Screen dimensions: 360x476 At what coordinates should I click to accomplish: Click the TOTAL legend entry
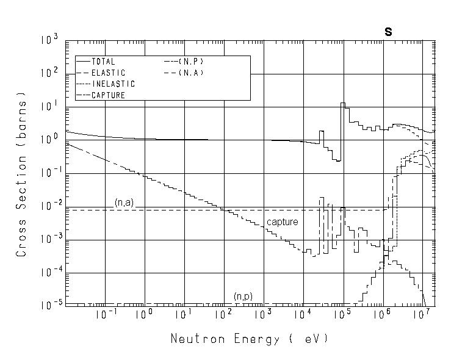[103, 62]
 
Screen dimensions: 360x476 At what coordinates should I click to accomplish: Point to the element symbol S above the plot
[388, 32]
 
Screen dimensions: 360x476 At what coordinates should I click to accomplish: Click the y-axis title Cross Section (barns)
[21, 174]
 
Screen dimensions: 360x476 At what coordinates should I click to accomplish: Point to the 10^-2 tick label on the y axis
[49, 207]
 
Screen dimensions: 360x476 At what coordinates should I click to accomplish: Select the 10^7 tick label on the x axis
[420, 314]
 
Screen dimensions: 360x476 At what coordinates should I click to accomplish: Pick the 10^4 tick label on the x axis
[302, 314]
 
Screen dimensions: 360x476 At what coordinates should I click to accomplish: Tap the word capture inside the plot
[282, 222]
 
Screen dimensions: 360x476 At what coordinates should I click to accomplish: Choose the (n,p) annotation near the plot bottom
[243, 297]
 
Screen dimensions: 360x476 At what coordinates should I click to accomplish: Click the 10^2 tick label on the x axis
[223, 314]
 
